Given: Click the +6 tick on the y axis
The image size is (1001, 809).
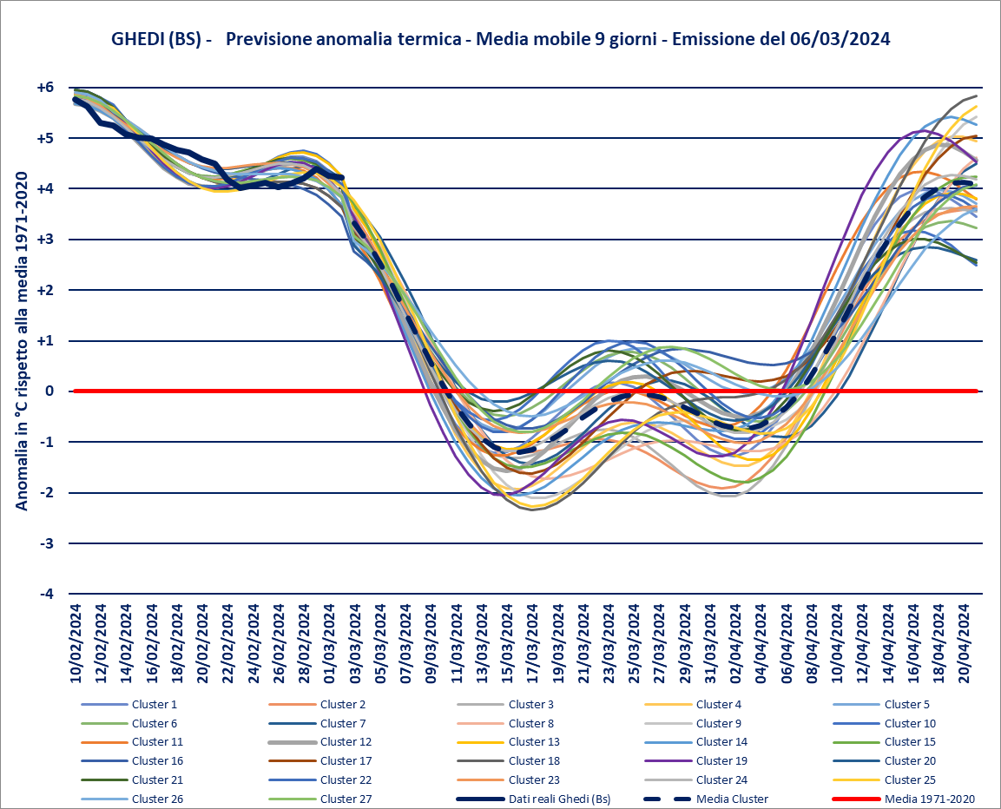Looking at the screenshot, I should click(x=45, y=88).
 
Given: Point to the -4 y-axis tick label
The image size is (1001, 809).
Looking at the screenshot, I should click(x=45, y=594).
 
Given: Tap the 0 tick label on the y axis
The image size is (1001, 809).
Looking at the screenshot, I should click(x=49, y=391).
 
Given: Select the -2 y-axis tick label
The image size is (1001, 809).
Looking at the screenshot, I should click(x=45, y=493).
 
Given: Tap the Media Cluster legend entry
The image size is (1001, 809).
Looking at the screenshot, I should click(x=723, y=799).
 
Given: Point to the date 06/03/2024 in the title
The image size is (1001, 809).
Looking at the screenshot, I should click(x=840, y=40).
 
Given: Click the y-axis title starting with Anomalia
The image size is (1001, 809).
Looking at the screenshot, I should click(x=22, y=339).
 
